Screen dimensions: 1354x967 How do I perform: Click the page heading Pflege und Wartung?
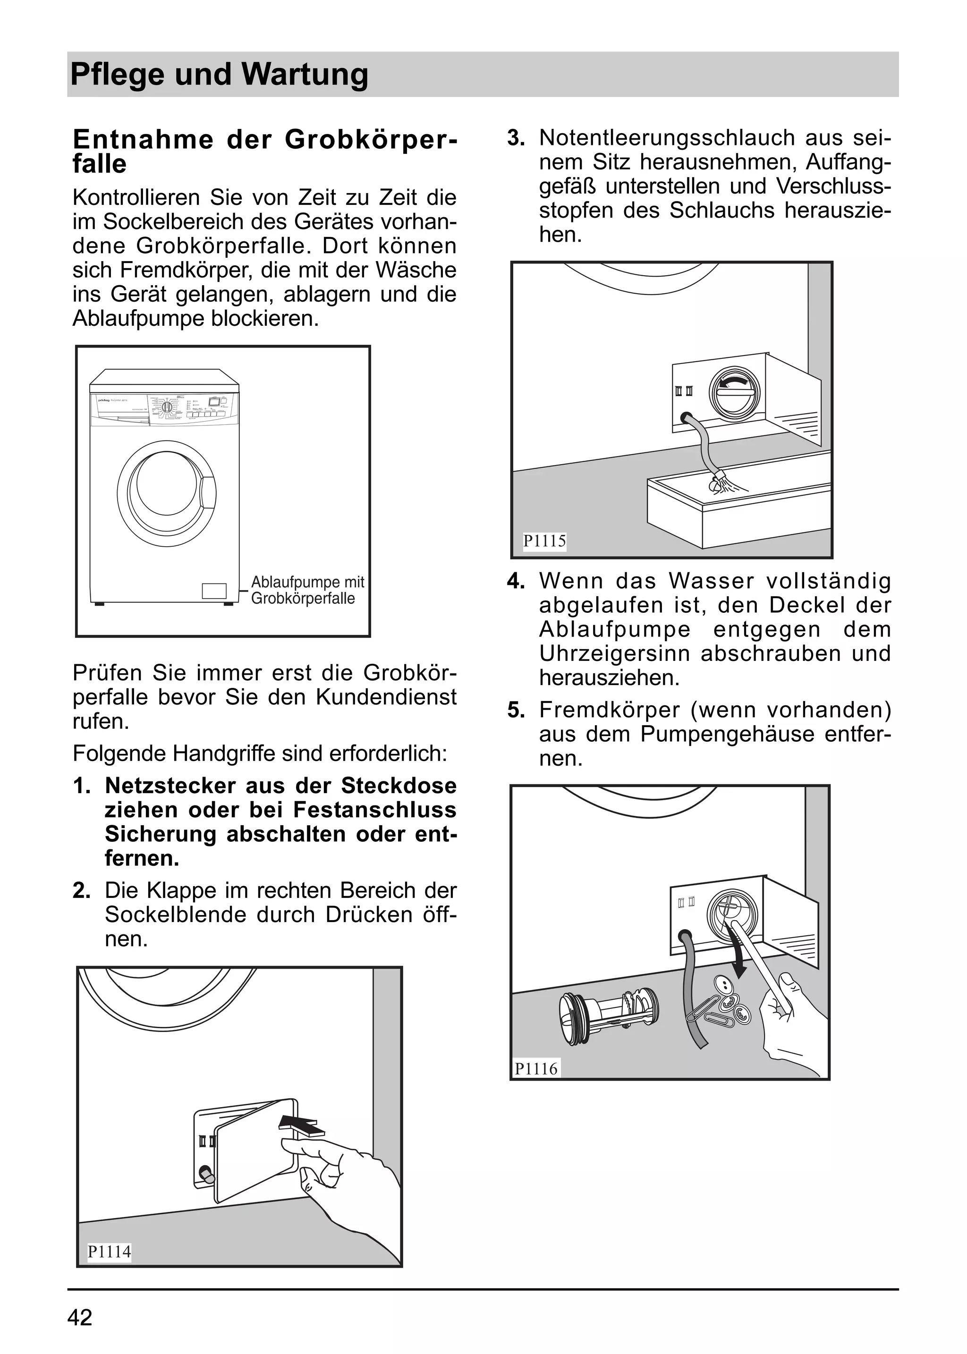219,75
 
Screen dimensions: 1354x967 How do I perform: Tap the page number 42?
80,1318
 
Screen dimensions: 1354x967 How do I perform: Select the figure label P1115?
544,541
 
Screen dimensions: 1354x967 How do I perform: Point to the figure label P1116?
536,1068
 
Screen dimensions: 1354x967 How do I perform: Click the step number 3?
516,138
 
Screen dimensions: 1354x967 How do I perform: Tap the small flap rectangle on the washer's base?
214,591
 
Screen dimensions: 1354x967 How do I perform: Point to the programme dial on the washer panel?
167,408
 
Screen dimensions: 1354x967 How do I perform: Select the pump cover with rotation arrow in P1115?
735,394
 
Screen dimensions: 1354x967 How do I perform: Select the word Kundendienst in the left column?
386,697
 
